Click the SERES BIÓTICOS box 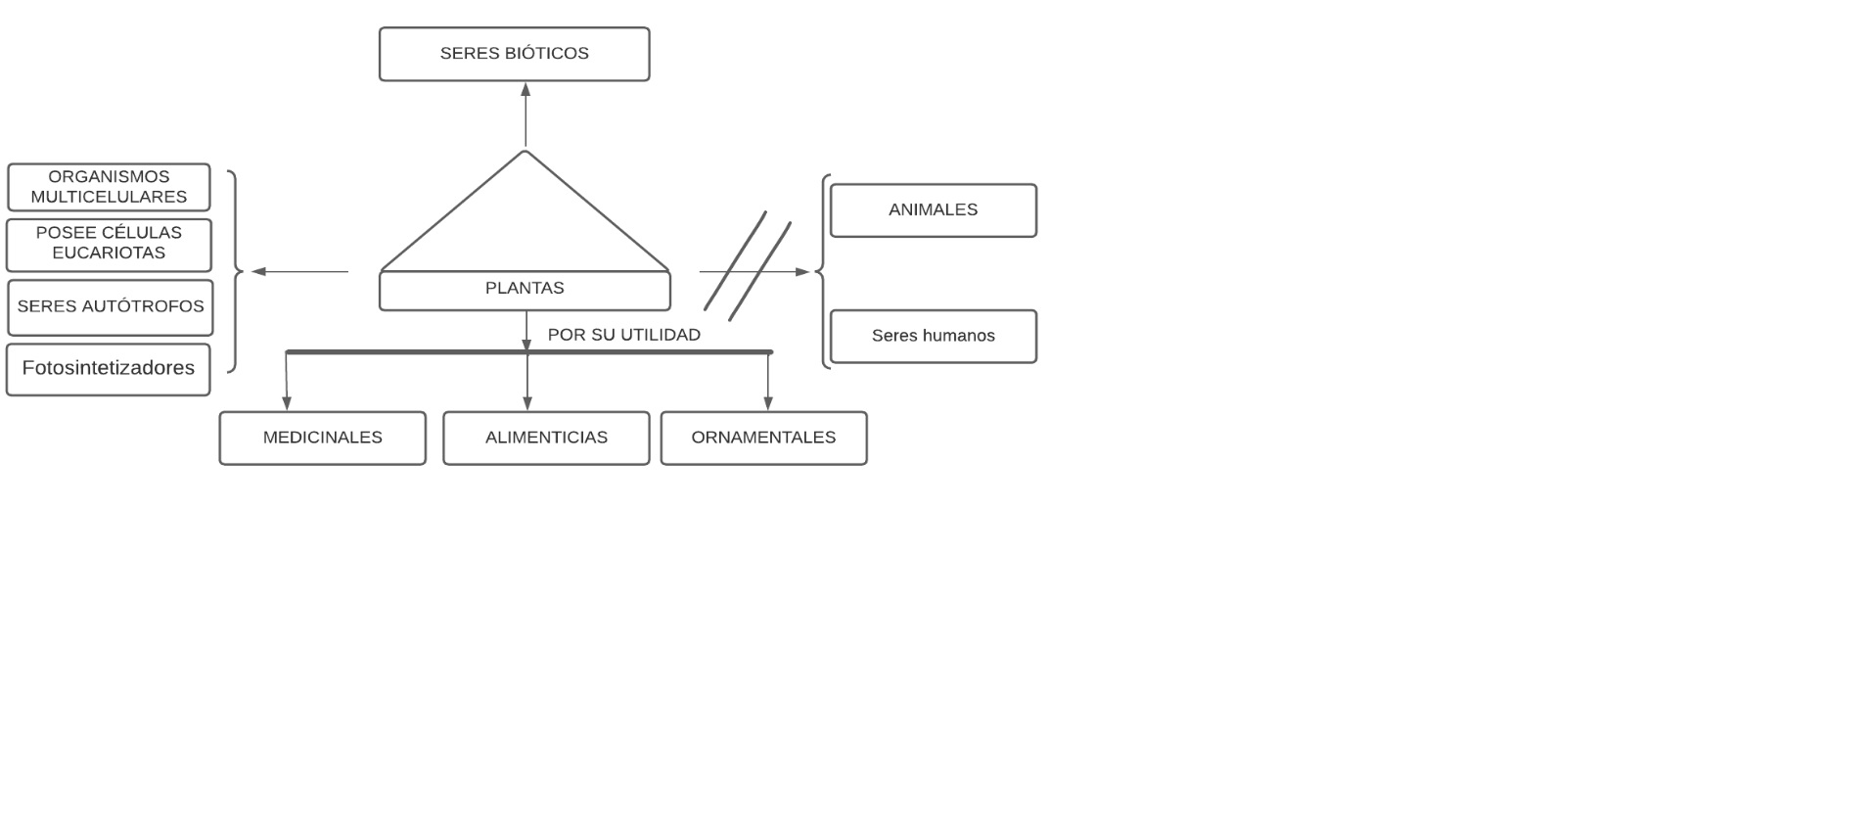point(514,54)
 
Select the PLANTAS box point(525,290)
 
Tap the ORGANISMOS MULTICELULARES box point(109,187)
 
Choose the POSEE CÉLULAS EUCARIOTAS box point(109,244)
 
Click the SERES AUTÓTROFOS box point(110,307)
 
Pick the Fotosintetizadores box point(108,369)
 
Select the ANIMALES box point(933,210)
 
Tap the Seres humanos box point(933,337)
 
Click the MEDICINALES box point(322,438)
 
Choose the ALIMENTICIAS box point(546,438)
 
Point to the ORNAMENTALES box point(763,438)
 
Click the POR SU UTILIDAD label point(623,335)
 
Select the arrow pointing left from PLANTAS point(299,271)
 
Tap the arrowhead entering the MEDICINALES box point(287,402)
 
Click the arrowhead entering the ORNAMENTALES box point(768,402)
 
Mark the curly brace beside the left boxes point(235,271)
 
